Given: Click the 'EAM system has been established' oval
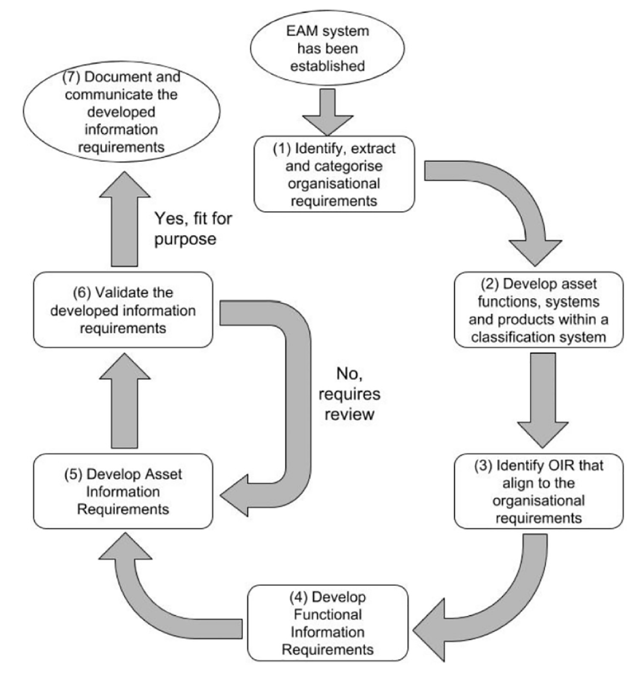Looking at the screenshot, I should click(328, 48).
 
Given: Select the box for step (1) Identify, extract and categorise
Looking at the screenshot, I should click(335, 174).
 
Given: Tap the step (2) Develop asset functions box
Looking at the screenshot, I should click(539, 310).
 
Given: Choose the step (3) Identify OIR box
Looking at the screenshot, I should click(539, 491).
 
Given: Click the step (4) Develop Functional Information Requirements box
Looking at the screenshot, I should click(327, 623).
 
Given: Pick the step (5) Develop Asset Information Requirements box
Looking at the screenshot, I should click(123, 491).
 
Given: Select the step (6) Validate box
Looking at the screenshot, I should click(123, 310).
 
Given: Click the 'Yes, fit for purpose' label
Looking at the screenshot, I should click(193, 229).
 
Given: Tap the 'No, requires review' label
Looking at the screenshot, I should click(349, 394).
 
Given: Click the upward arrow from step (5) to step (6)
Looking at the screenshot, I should click(123, 400).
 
